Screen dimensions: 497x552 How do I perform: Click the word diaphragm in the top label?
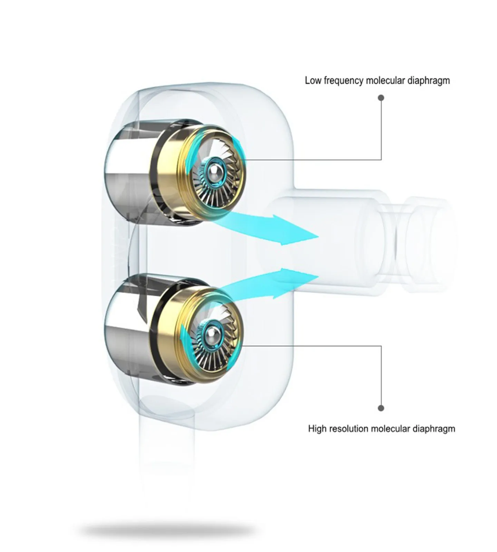click(429, 81)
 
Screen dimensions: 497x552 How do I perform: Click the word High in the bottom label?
click(317, 429)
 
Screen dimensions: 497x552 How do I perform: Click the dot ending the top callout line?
click(381, 98)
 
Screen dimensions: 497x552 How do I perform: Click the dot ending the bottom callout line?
click(381, 408)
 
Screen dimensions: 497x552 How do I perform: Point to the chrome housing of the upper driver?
click(128, 172)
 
